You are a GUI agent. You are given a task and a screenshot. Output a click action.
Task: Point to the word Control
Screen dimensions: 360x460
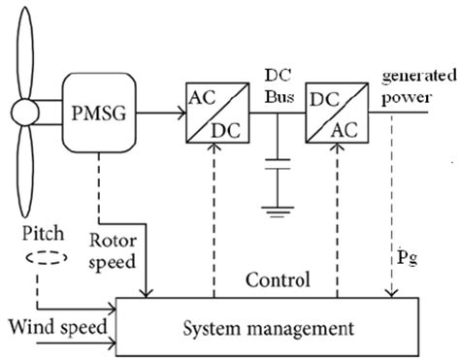point(277,282)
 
